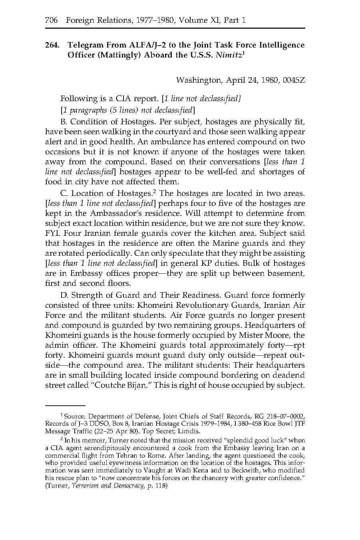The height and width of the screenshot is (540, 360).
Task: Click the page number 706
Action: pos(52,20)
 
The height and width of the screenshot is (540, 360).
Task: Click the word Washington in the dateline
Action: pos(199,80)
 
